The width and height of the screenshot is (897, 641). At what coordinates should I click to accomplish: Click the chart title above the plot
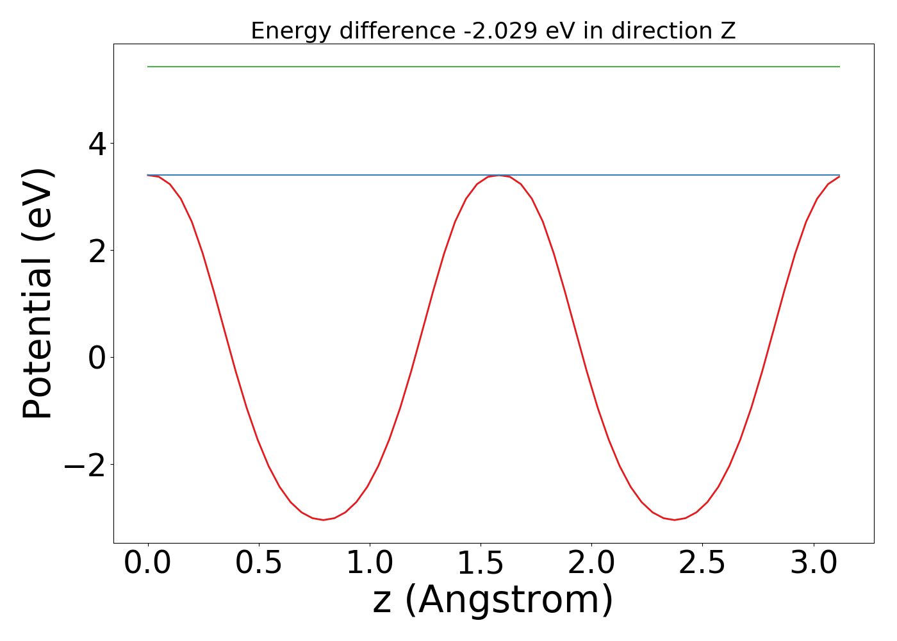[x=493, y=31]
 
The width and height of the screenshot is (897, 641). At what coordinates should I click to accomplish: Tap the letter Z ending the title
[x=728, y=31]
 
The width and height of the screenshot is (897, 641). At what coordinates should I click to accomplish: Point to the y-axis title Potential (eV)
[x=38, y=294]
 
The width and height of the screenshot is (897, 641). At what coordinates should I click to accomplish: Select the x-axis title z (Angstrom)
[x=493, y=601]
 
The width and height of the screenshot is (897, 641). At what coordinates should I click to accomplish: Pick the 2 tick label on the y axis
[x=97, y=250]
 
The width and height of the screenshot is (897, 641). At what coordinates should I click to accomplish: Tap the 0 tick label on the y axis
[x=97, y=357]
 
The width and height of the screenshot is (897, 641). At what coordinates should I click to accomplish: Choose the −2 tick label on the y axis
[x=84, y=464]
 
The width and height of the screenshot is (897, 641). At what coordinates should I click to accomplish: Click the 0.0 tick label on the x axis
[x=148, y=563]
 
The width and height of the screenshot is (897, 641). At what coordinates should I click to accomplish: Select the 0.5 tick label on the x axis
[x=259, y=563]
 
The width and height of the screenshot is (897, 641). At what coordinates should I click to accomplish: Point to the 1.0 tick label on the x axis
[x=370, y=563]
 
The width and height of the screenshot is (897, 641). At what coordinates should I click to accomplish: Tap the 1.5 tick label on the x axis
[x=481, y=563]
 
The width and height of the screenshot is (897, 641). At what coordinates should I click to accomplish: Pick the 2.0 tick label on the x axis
[x=591, y=563]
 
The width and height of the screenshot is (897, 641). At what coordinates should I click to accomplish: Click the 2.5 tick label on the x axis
[x=702, y=563]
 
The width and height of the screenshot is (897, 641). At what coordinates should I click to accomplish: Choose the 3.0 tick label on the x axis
[x=813, y=563]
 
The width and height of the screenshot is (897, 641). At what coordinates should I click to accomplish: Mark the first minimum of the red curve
[x=324, y=520]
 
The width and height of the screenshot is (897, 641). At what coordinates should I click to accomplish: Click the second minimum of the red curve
[x=674, y=520]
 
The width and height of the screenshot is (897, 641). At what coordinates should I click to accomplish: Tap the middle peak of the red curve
[x=499, y=175]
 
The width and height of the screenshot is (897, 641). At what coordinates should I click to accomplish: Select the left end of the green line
[x=149, y=67]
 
